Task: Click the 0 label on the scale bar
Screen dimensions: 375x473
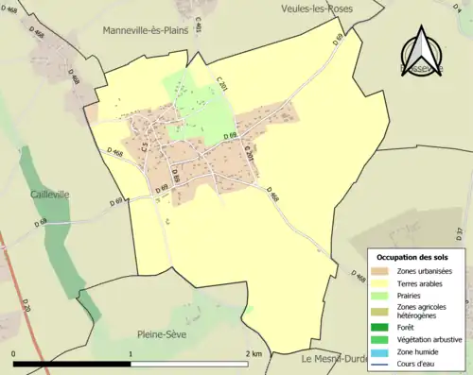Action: pos(14,353)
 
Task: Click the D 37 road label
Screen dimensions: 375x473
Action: pos(460,232)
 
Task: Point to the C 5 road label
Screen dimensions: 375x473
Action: pos(145,148)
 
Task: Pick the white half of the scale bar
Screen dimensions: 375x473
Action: pos(188,363)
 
